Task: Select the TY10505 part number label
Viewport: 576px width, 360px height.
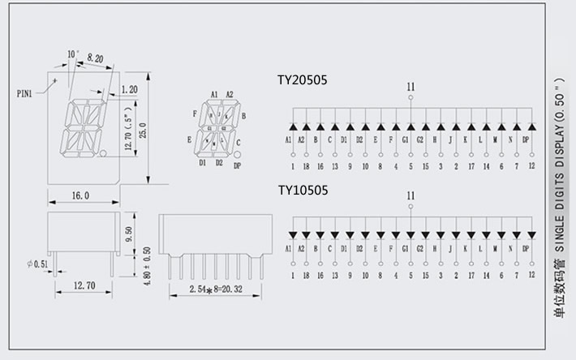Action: (303, 191)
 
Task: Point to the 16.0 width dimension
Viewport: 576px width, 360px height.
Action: (80, 196)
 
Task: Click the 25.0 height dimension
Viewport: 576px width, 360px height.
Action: (143, 130)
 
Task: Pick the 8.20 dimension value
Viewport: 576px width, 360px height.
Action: (95, 59)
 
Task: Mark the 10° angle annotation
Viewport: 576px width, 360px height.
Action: (73, 54)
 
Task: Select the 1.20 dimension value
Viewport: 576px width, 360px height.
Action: (128, 89)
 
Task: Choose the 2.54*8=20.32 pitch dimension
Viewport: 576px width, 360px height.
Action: (218, 289)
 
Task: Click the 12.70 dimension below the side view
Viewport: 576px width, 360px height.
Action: (79, 285)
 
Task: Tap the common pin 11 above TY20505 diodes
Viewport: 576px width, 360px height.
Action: (411, 87)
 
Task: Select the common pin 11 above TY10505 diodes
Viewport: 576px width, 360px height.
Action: (411, 195)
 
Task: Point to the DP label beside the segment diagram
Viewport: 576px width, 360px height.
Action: (237, 166)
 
